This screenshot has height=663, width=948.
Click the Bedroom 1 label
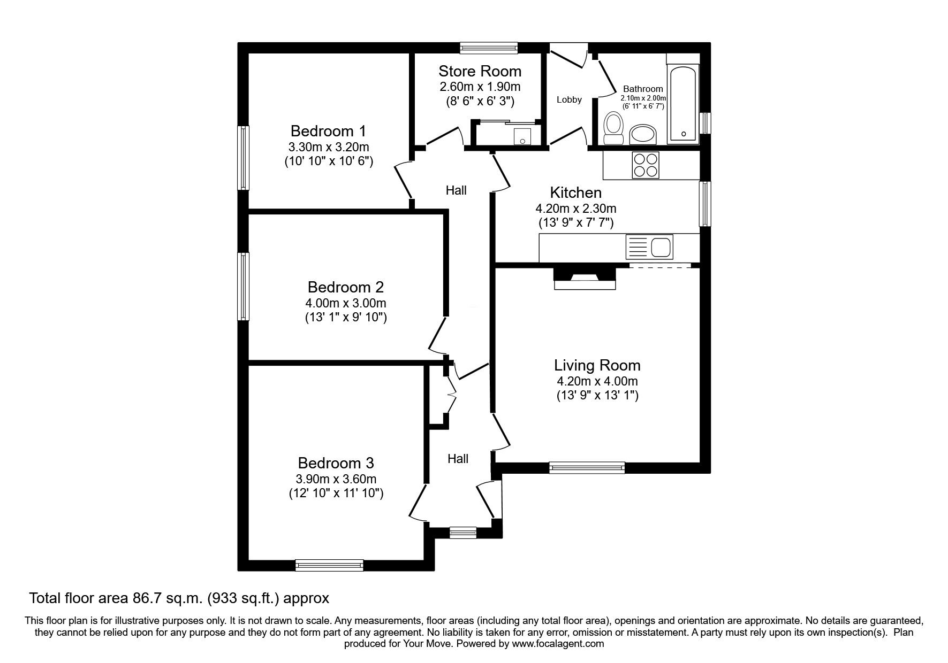(x=329, y=130)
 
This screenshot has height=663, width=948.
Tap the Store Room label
(x=480, y=71)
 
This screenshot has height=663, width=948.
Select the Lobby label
(x=569, y=99)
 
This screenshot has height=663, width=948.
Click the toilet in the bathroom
(x=613, y=129)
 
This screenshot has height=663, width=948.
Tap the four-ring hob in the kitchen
(x=645, y=164)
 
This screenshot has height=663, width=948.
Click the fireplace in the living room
(x=585, y=277)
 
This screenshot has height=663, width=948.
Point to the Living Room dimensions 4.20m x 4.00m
(x=597, y=381)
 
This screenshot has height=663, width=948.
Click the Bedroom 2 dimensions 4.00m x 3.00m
(x=345, y=303)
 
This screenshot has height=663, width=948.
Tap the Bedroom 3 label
(x=336, y=462)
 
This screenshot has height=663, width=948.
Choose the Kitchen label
(x=576, y=192)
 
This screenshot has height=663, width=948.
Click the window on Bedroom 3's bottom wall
(x=329, y=565)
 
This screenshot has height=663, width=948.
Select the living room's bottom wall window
(x=587, y=467)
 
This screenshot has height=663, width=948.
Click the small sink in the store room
(x=522, y=136)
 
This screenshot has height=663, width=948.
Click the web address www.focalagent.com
(x=558, y=644)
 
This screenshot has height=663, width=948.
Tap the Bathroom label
(x=643, y=89)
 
